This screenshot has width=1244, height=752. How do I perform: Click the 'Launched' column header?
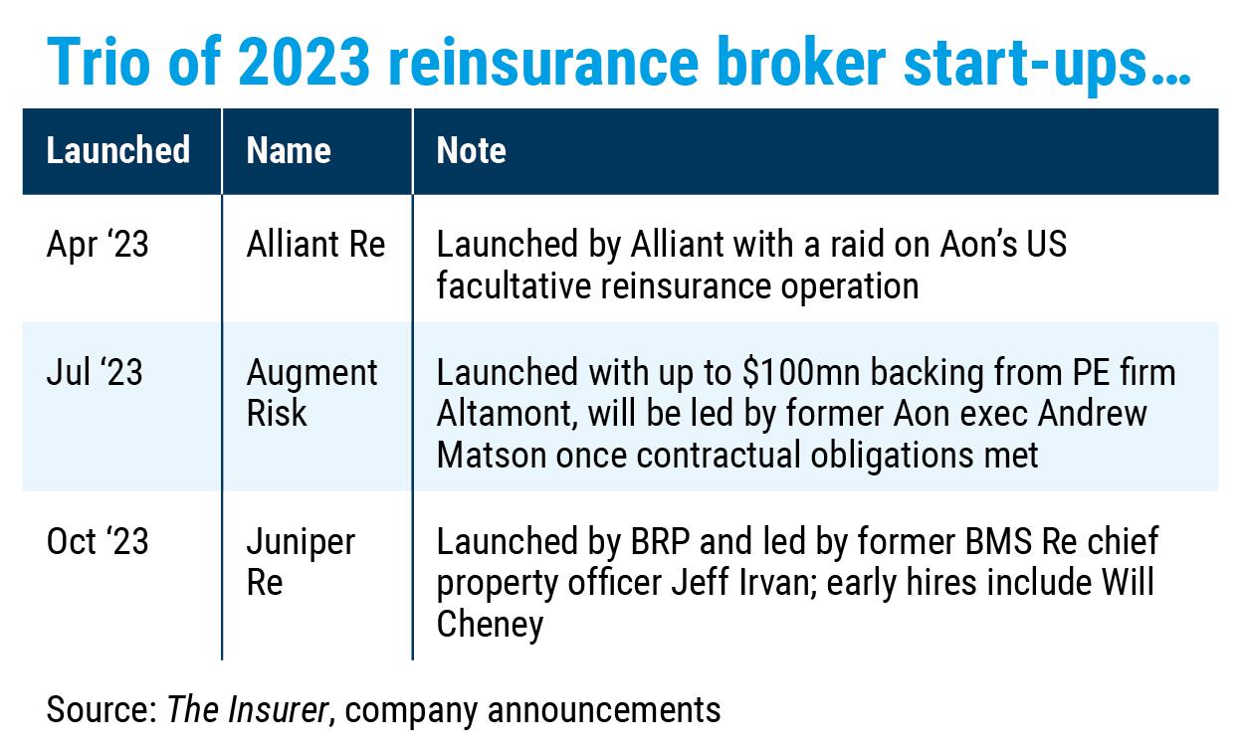pos(117,150)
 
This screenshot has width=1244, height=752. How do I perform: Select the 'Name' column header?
pos(289,150)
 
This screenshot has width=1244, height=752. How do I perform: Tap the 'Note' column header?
pos(471,150)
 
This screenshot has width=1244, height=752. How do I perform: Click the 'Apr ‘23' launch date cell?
pos(98,244)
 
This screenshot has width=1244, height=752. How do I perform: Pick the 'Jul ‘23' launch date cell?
pos(95,372)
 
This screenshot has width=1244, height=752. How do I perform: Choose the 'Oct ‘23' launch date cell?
pos(98,541)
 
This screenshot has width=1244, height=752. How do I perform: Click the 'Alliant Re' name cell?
pos(315,244)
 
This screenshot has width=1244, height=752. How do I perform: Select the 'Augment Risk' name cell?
pos(312,393)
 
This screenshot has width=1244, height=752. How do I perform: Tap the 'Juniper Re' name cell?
pos(301,562)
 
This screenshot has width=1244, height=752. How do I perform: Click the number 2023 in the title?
pos(305,61)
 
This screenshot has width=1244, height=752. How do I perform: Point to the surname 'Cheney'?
pos(490,625)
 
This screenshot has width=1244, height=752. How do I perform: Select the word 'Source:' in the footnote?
pos(103,709)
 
